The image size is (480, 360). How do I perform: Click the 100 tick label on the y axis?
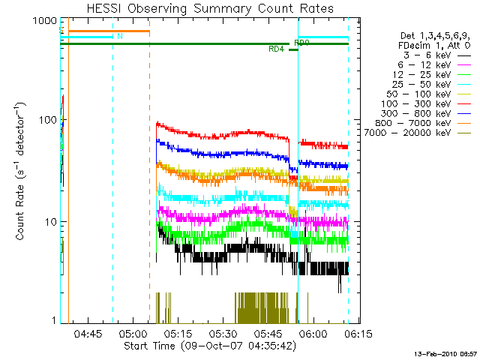46,120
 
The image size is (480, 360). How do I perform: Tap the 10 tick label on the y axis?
49,222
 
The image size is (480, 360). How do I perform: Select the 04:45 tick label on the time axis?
88,332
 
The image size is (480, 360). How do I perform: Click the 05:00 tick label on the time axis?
133,332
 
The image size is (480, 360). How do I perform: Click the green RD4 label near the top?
277,50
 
